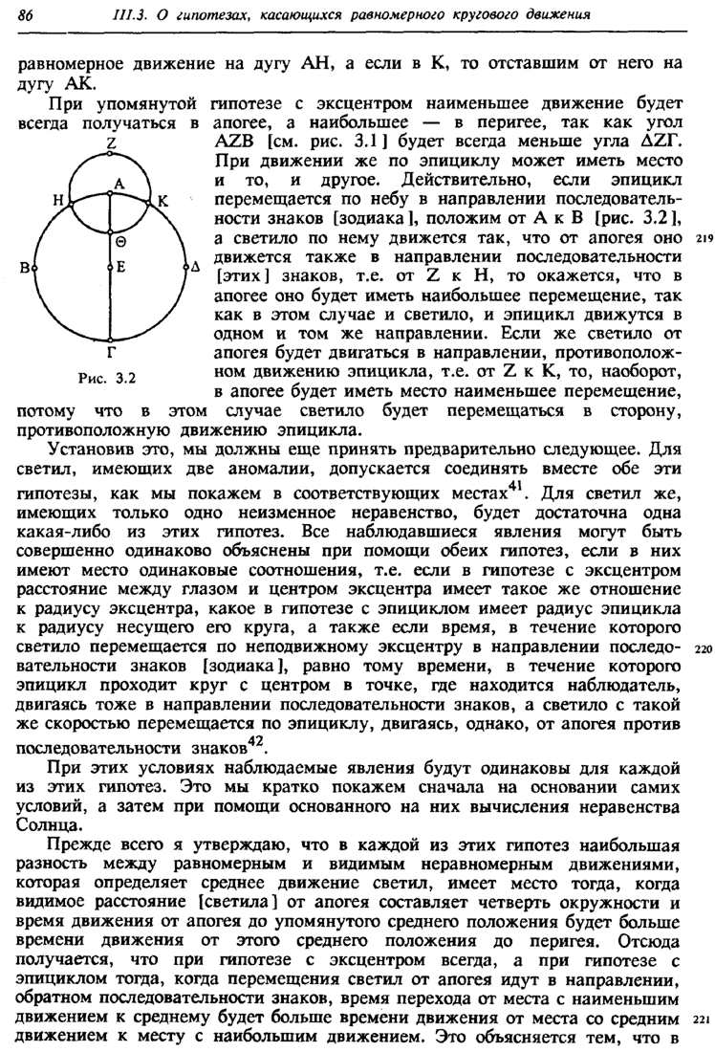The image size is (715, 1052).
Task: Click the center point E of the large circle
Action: tap(110, 268)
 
